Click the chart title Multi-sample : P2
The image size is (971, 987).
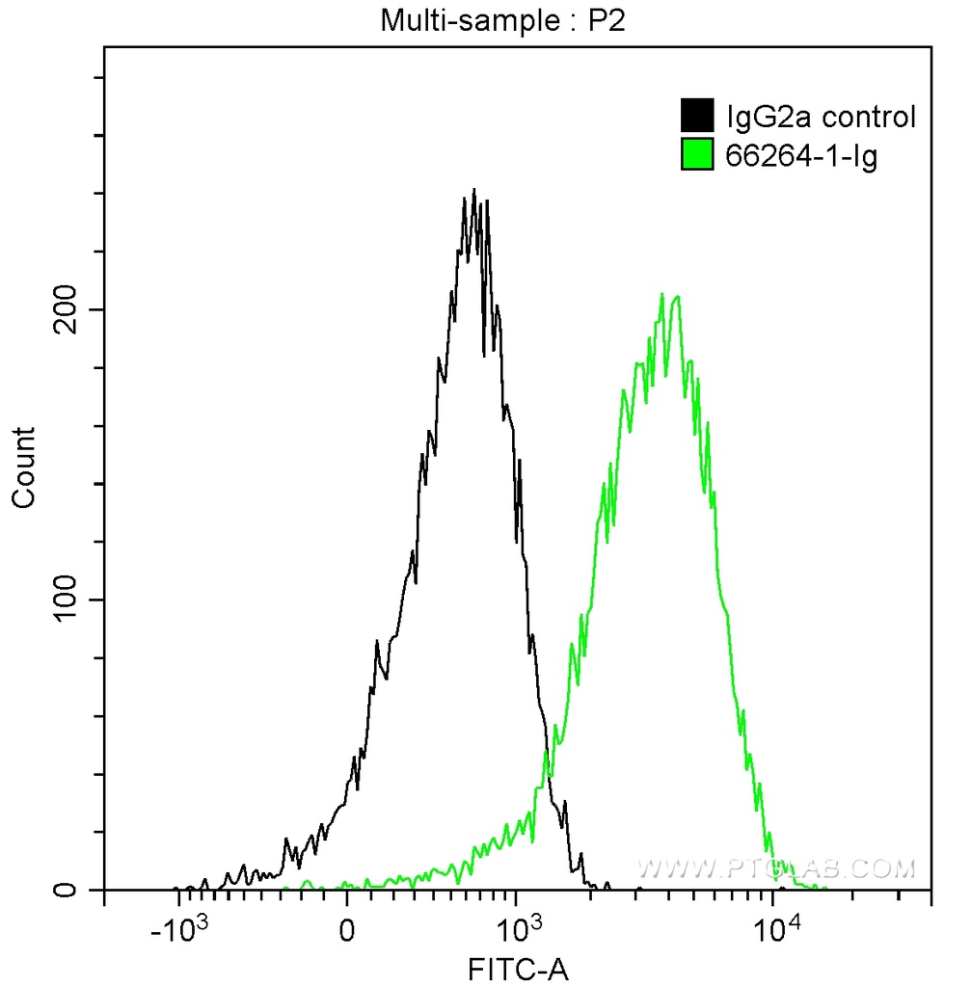[x=502, y=20]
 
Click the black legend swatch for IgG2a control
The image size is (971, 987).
[x=697, y=116]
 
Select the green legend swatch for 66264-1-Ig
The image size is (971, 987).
[x=697, y=154]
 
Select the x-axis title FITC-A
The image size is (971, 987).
[x=518, y=968]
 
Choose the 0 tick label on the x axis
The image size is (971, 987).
[x=347, y=930]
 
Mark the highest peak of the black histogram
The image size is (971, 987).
[x=473, y=190]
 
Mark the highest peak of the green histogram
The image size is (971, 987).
[x=661, y=294]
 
